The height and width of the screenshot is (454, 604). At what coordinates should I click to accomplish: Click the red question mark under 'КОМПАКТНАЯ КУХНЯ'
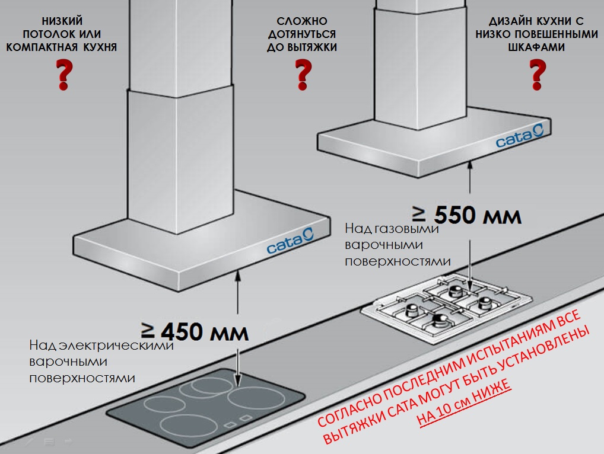(x=64, y=75)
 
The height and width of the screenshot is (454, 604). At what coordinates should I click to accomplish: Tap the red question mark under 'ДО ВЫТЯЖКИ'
(x=303, y=75)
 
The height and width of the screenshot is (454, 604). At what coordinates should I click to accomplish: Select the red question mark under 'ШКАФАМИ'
(x=538, y=75)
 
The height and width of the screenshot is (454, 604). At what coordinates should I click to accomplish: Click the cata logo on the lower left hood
(x=290, y=241)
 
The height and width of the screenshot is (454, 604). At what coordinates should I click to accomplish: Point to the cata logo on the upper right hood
(x=520, y=136)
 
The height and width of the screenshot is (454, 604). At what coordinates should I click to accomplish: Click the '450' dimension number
(x=182, y=331)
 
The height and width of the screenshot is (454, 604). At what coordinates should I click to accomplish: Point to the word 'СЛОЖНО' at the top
(x=302, y=21)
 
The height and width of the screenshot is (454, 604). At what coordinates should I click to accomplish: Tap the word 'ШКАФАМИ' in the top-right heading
(x=536, y=47)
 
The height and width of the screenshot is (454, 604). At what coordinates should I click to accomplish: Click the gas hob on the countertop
(x=447, y=306)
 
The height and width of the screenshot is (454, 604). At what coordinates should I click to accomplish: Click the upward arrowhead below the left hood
(x=238, y=274)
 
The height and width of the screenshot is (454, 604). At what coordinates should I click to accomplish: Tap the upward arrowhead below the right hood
(x=470, y=165)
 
